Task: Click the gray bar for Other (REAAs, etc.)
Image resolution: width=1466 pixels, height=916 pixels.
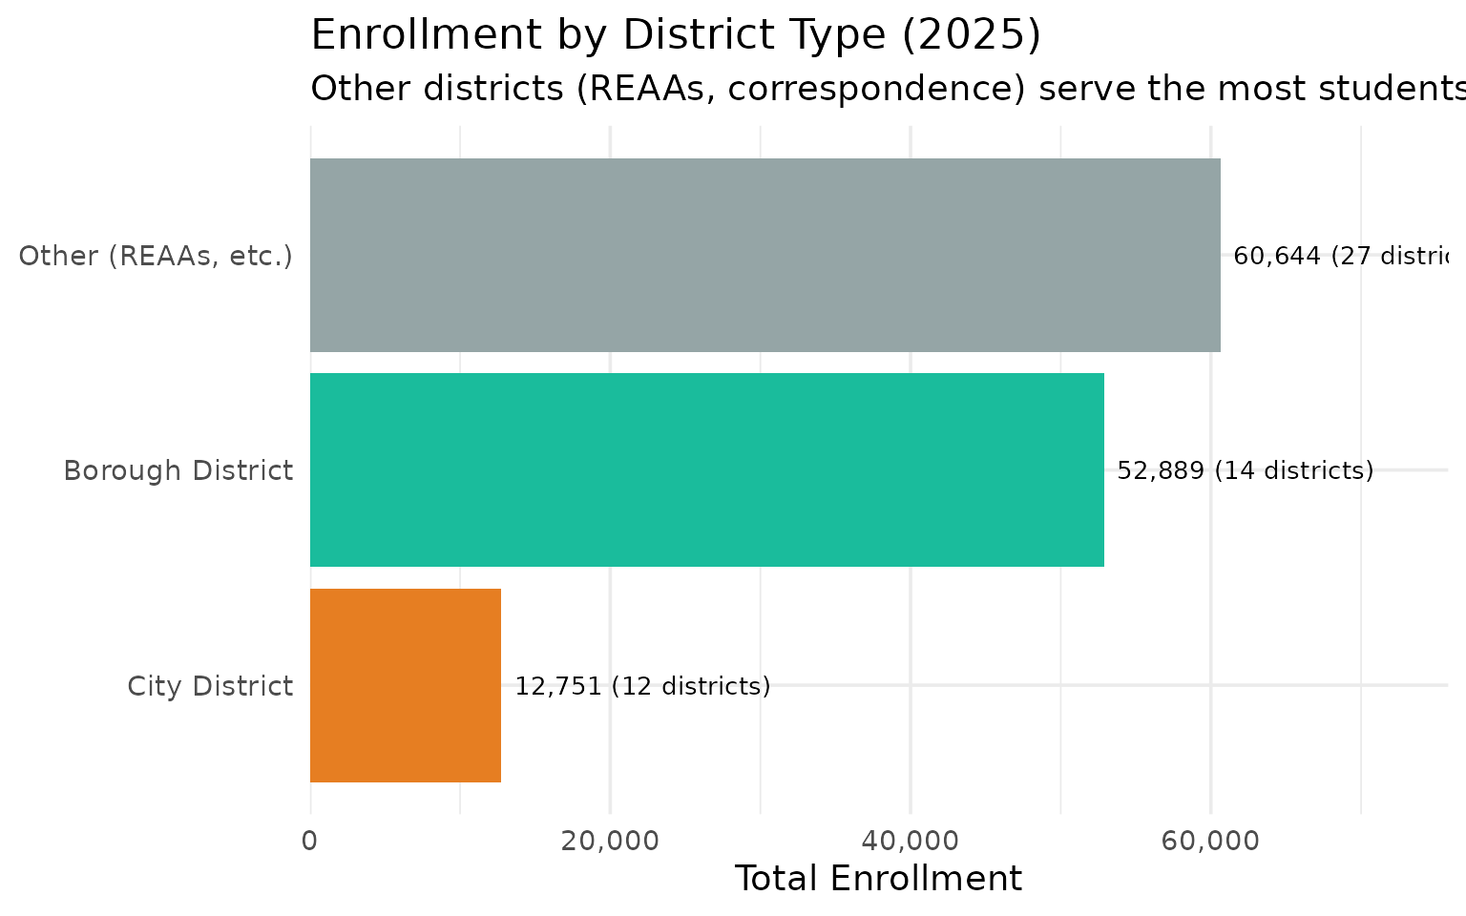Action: click(764, 255)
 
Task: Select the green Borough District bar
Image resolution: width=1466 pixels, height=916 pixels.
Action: click(706, 469)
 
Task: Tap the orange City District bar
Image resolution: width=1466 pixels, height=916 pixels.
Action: click(406, 685)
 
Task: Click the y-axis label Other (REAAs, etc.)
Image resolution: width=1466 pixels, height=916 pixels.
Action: click(156, 256)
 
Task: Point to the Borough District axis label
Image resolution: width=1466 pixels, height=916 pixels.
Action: click(178, 470)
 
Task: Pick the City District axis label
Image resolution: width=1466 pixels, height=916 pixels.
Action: click(210, 686)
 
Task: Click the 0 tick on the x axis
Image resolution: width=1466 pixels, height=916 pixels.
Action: click(309, 841)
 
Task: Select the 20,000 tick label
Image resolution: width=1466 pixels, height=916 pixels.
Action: click(610, 841)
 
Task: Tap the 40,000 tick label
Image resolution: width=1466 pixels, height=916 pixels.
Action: click(911, 841)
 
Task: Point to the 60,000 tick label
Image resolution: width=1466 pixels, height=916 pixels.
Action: click(1210, 841)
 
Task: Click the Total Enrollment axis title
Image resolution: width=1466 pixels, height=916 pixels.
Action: click(877, 879)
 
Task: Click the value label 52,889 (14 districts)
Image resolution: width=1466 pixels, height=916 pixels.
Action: click(1245, 470)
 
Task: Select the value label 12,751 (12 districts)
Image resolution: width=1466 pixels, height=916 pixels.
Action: click(642, 686)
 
